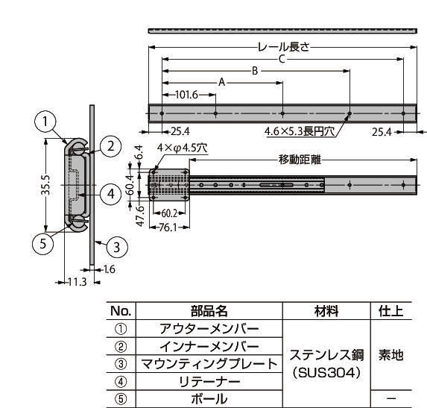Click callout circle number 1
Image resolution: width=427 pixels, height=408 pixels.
click(45, 122)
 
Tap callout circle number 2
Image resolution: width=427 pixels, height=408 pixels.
click(110, 146)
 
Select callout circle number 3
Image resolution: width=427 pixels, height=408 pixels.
click(117, 247)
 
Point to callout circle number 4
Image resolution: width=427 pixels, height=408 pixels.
click(111, 194)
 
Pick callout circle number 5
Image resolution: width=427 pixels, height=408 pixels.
click(43, 243)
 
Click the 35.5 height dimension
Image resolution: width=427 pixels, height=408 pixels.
click(45, 185)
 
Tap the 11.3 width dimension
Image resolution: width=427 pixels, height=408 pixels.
click(78, 282)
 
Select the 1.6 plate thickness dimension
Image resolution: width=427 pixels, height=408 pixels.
click(110, 269)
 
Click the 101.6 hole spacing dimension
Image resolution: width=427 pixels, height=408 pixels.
click(186, 95)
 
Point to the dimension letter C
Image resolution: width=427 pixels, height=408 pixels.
click(282, 59)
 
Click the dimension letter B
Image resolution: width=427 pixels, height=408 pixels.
click(255, 71)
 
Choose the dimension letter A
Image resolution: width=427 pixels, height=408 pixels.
click(222, 82)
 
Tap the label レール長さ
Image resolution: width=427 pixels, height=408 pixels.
click(284, 47)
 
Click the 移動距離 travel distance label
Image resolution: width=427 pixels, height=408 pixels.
click(300, 160)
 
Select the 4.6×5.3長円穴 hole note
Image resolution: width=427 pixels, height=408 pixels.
click(300, 131)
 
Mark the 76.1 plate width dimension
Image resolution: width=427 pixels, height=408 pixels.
click(168, 227)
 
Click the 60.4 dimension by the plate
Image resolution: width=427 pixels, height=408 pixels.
click(130, 185)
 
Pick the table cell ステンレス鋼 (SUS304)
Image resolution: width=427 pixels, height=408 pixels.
click(326, 363)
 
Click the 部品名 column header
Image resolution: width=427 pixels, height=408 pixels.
click(209, 311)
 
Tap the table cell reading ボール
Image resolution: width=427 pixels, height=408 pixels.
click(209, 399)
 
